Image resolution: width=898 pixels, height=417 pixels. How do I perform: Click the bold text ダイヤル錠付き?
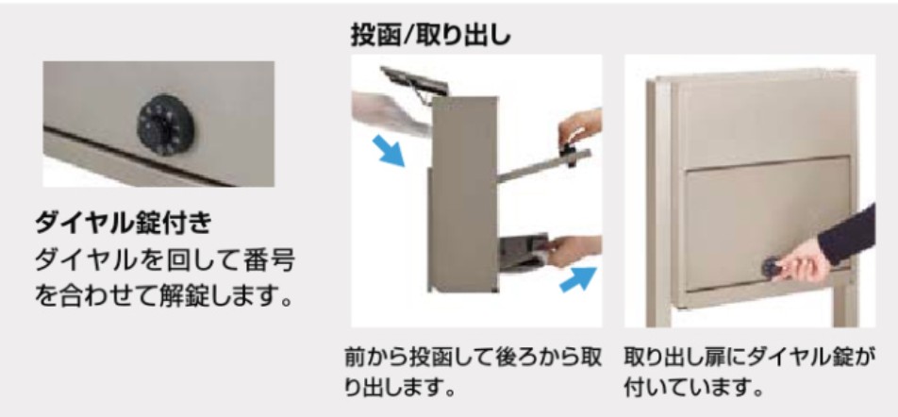point(124,224)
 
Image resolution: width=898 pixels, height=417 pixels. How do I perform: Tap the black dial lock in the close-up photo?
point(165,125)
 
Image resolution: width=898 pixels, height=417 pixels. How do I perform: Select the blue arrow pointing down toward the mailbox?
point(388,150)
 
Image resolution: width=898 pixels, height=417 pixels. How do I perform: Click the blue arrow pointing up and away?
point(578,279)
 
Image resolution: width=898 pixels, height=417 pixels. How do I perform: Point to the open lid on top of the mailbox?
point(414,81)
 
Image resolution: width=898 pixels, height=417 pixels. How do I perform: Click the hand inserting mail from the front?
point(391,111)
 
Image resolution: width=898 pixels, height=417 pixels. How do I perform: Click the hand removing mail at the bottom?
point(574,251)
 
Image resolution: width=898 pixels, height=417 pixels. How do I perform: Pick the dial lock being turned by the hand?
point(772,268)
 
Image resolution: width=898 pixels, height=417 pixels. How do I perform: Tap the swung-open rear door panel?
point(543,166)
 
